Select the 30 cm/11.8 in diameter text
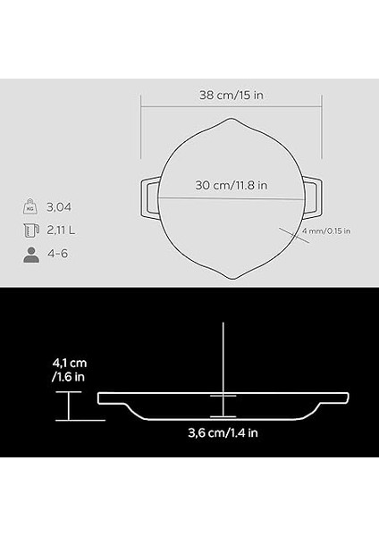(x=231, y=186)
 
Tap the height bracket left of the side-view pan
(x=66, y=408)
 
